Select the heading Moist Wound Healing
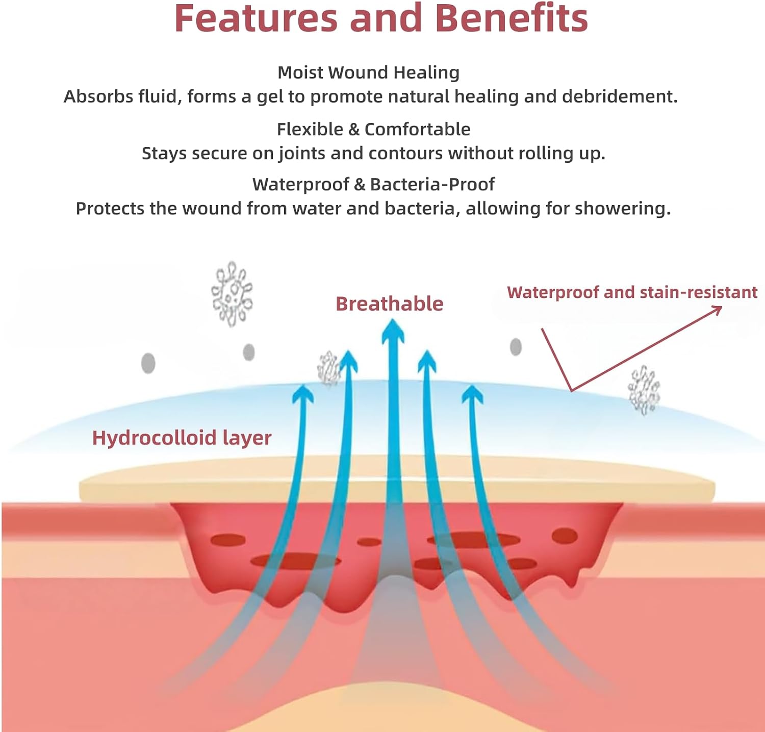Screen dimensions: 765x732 368,72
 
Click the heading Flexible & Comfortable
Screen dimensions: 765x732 373,129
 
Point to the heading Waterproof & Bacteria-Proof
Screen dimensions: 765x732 373,184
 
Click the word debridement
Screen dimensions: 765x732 620,96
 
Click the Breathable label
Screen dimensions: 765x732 389,304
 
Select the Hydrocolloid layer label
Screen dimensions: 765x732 182,438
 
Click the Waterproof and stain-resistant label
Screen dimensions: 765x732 632,292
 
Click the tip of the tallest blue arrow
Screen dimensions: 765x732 393,320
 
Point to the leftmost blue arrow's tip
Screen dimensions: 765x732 304,385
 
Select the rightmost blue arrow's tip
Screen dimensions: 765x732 473,385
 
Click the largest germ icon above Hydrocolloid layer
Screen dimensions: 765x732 232,293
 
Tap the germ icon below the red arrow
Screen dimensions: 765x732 644,390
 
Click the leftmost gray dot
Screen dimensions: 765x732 148,363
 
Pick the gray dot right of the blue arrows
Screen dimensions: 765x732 516,347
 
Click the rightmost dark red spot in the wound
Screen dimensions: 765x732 565,536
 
